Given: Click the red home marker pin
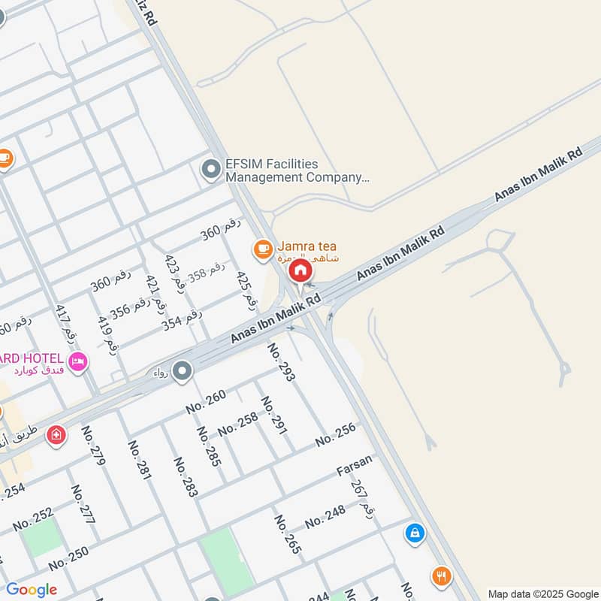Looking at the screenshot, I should tap(300, 270).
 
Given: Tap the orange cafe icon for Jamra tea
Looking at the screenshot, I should tap(262, 248).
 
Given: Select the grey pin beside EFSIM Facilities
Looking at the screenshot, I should tap(211, 170).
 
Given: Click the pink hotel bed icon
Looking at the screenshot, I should tap(78, 362).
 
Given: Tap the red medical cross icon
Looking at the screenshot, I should tap(56, 435).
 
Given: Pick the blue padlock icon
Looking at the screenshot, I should tap(414, 533).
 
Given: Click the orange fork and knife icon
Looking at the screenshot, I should tap(442, 576).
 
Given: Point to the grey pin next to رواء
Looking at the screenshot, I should tap(182, 370).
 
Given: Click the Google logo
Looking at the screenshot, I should tap(32, 590).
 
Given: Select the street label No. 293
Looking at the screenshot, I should tap(282, 362).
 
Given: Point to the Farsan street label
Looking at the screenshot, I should tap(354, 470).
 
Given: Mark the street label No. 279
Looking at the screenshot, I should tap(94, 446).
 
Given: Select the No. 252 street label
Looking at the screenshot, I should tap(33, 519).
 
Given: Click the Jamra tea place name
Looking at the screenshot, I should tap(308, 246).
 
